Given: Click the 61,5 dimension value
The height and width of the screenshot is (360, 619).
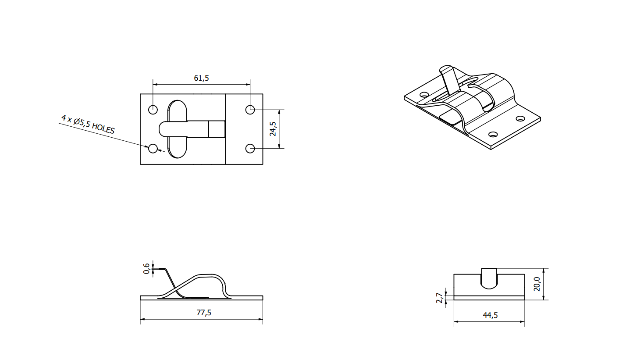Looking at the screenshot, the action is tap(201, 78).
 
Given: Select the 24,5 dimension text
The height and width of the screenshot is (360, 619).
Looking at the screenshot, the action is tap(273, 129).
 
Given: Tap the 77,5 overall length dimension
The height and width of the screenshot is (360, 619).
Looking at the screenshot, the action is tap(204, 313).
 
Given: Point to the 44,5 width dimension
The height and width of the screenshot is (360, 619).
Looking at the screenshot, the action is tap(490, 315).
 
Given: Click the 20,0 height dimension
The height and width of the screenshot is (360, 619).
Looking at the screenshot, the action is tap(537, 284).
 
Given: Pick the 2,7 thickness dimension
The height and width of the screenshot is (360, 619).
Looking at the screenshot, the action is tap(439, 298).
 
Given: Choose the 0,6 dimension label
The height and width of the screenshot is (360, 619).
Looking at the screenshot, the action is tap(146, 268).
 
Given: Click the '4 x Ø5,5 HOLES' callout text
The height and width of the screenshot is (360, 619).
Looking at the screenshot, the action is tap(88, 125).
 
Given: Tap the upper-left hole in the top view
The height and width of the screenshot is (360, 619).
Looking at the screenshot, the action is tap(153, 110).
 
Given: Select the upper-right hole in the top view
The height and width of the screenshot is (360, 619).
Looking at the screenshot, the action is tap(250, 110).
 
